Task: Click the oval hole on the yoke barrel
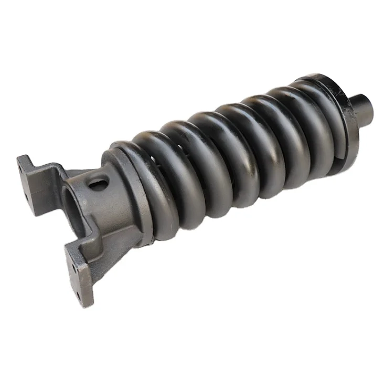coord(99,183)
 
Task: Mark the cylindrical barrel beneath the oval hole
coord(105,210)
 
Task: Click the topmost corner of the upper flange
coord(20,156)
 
